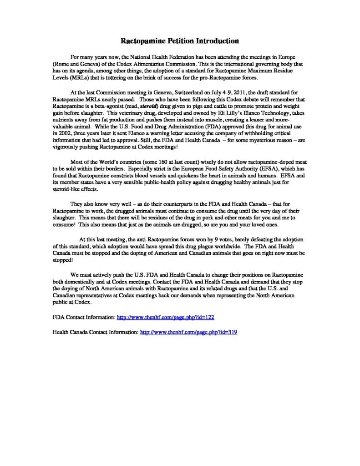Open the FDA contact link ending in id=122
(x=166, y=315)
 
